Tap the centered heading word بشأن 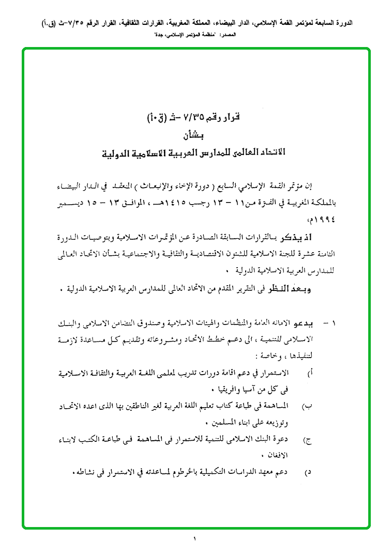[x=194, y=136]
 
